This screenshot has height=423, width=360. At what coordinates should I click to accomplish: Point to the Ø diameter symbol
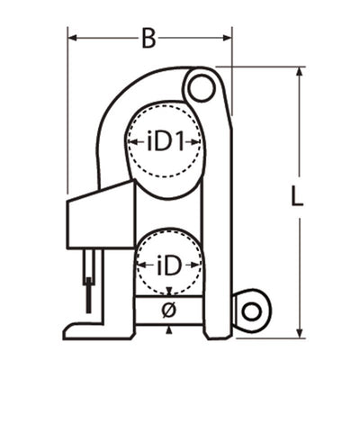coord(168,310)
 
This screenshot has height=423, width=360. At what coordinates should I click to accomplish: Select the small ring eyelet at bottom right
coord(251,310)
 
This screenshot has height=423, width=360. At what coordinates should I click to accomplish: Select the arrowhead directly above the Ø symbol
coord(168,292)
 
